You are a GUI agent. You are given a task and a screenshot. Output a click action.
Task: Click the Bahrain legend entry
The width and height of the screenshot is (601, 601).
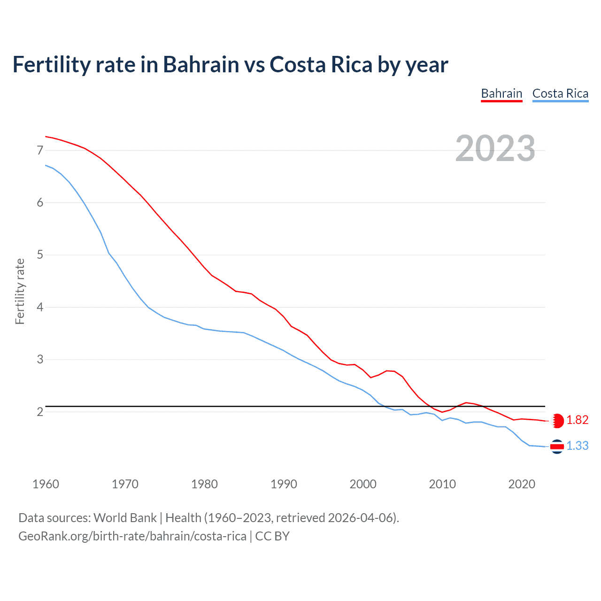pyautogui.click(x=501, y=93)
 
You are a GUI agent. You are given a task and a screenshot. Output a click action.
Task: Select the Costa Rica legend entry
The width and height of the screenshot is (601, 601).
pyautogui.click(x=560, y=93)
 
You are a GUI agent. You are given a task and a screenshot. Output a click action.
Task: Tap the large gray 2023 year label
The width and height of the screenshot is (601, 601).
pyautogui.click(x=495, y=148)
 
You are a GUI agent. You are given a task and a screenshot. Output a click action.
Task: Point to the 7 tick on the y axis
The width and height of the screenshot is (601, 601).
pyautogui.click(x=40, y=150)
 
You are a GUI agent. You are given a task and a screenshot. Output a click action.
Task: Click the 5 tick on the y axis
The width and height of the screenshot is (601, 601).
pyautogui.click(x=40, y=255)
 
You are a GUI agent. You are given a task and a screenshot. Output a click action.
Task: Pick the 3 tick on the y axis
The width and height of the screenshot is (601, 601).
pyautogui.click(x=40, y=360)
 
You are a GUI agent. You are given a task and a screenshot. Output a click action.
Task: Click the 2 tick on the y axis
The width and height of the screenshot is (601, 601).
pyautogui.click(x=40, y=412)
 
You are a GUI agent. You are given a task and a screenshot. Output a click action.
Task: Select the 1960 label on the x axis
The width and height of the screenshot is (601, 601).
pyautogui.click(x=46, y=484)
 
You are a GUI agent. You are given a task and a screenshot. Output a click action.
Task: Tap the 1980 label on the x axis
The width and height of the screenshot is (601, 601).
pyautogui.click(x=204, y=484)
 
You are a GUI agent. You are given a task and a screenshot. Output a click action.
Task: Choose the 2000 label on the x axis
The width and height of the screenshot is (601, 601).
pyautogui.click(x=363, y=484)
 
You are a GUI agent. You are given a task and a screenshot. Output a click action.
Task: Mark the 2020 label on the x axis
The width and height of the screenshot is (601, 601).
pyautogui.click(x=522, y=484)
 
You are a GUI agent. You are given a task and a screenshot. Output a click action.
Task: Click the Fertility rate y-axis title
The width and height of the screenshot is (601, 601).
pyautogui.click(x=20, y=291)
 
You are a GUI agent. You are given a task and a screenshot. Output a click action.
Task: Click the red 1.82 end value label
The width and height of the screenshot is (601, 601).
pyautogui.click(x=577, y=420)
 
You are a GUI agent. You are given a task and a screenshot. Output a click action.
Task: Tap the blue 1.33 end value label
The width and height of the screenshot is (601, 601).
pyautogui.click(x=577, y=446)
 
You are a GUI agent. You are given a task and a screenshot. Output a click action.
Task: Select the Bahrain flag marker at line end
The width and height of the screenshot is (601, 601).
pyautogui.click(x=557, y=421)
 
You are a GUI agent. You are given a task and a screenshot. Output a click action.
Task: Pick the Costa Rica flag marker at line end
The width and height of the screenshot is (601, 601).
pyautogui.click(x=557, y=447)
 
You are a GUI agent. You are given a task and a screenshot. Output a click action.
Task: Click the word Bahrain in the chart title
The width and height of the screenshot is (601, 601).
pyautogui.click(x=201, y=64)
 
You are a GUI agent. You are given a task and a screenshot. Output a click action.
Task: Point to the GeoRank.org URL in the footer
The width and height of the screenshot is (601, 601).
pyautogui.click(x=132, y=536)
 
